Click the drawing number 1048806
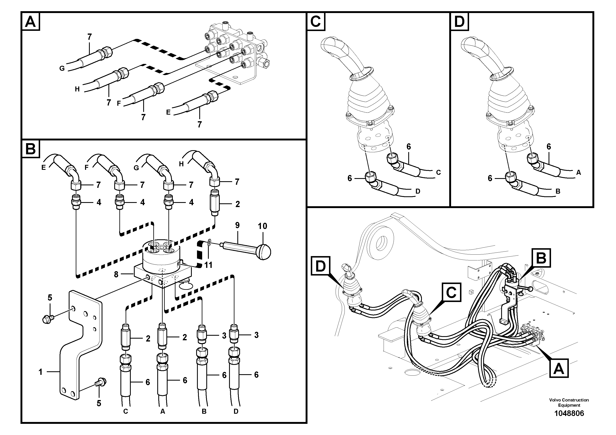569,413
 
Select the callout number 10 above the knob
262,226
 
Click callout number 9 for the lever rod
237,225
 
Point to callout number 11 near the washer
208,265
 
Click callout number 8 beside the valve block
116,274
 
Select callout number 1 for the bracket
41,372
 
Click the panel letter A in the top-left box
30,22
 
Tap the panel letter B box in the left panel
30,149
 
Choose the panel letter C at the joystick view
316,22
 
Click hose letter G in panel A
62,68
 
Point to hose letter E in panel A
168,112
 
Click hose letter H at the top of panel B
181,164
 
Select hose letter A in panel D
578,173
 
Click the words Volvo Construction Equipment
569,403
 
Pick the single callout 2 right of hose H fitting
237,204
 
